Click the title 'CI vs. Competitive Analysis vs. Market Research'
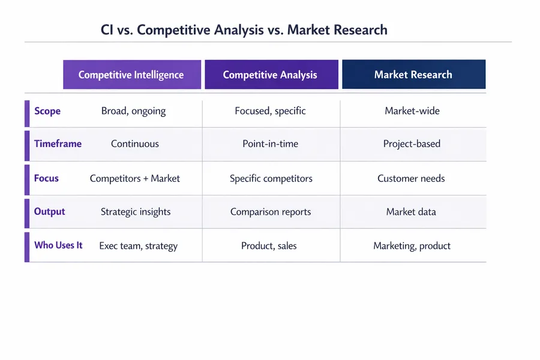[x=244, y=30]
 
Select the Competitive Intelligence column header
[x=131, y=75]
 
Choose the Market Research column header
[x=413, y=75]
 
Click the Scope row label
[x=47, y=111]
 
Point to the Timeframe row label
[x=58, y=144]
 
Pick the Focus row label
[x=46, y=178]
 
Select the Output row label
[x=49, y=212]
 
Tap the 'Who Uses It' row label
[x=58, y=245]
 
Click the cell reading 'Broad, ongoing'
[x=133, y=111]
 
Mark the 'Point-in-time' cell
[x=270, y=144]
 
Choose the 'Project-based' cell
[x=412, y=144]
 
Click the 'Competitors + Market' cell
[x=135, y=178]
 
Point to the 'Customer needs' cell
[x=411, y=178]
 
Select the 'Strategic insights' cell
[x=136, y=212]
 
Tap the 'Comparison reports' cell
[x=271, y=212]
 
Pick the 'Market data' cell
[x=411, y=212]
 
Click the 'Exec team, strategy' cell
[x=138, y=246]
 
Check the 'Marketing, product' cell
[x=412, y=246]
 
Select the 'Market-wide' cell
[x=412, y=111]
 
